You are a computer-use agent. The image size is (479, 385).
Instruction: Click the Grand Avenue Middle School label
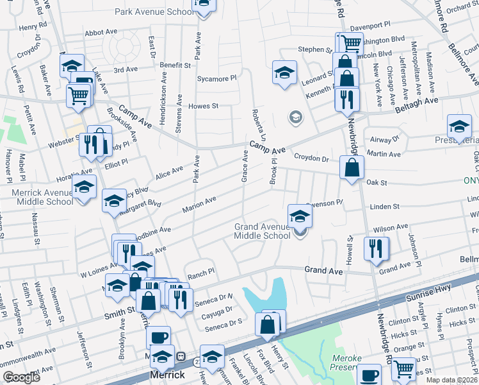263,231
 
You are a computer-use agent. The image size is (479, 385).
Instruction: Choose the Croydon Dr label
311,157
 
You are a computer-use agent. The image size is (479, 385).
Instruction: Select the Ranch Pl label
201,273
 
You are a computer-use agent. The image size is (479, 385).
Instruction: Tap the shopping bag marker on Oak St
352,169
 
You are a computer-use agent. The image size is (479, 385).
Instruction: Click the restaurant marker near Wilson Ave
375,248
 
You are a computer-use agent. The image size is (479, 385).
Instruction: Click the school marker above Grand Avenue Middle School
300,216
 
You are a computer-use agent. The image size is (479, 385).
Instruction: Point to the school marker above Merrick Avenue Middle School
83,188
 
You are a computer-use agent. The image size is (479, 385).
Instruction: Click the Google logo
22,377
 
